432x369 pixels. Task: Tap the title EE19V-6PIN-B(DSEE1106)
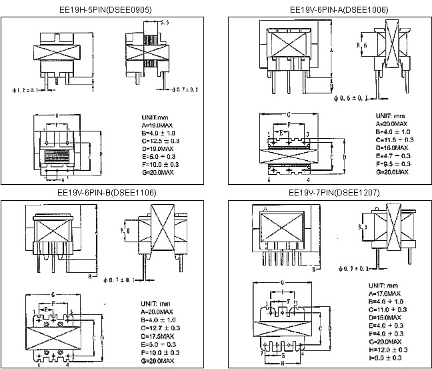[107, 193]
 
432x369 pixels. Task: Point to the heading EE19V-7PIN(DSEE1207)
[328, 193]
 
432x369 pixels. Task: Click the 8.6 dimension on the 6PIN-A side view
[363, 45]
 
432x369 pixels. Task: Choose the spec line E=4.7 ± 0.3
[394, 155]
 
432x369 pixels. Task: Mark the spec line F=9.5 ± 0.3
[394, 163]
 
